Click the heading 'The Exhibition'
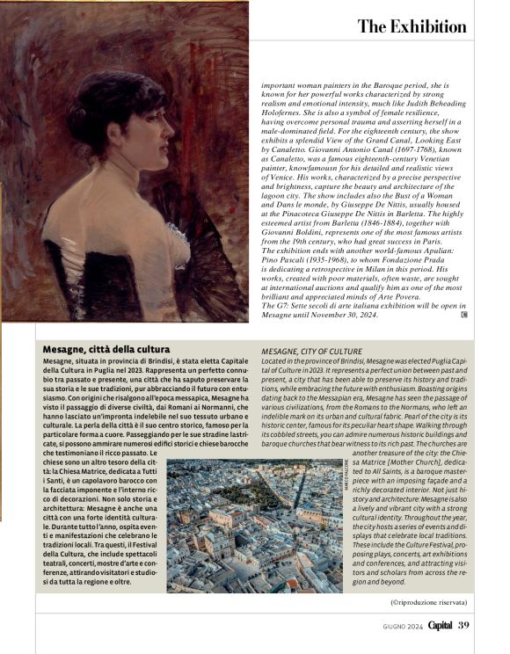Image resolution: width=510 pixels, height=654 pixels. point(412,26)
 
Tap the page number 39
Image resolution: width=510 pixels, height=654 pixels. point(464,625)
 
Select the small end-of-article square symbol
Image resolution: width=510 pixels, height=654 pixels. point(464,313)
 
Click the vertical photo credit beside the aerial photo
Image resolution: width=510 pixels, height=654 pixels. point(346,480)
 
